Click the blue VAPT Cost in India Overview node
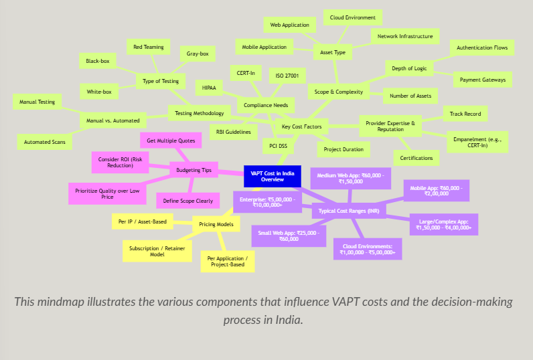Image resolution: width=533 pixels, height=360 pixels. pyautogui.click(x=272, y=177)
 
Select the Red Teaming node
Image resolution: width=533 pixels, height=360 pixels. pyautogui.click(x=148, y=47)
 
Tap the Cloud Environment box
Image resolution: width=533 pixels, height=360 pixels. pyautogui.click(x=352, y=17)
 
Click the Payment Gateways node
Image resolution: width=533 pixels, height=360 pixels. pyautogui.click(x=483, y=79)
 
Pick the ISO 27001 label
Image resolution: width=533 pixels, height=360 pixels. pyautogui.click(x=288, y=76)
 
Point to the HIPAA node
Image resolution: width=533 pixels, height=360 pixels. pyautogui.click(x=208, y=88)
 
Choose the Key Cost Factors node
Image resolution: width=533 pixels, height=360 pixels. pyautogui.click(x=301, y=126)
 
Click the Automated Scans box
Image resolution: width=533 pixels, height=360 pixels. pyautogui.click(x=44, y=142)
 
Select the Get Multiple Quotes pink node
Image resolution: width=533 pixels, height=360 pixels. pyautogui.click(x=170, y=140)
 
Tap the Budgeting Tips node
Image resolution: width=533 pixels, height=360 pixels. pyautogui.click(x=194, y=171)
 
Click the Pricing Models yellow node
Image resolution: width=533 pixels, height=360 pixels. pyautogui.click(x=216, y=224)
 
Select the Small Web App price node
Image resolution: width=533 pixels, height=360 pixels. pyautogui.click(x=289, y=236)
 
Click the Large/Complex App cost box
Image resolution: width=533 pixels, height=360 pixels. pyautogui.click(x=444, y=224)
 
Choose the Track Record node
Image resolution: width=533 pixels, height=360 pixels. pyautogui.click(x=465, y=114)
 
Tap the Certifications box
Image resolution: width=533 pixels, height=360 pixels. pyautogui.click(x=416, y=158)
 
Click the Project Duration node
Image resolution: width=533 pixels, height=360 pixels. pyautogui.click(x=344, y=149)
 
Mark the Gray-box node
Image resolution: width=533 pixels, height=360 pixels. pyautogui.click(x=198, y=54)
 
